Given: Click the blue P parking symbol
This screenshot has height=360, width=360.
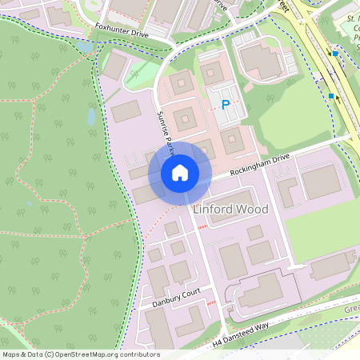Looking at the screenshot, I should tap(226, 105).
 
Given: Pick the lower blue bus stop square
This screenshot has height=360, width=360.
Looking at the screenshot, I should tap(330, 96).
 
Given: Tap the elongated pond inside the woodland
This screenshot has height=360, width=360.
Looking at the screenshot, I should tap(91, 118).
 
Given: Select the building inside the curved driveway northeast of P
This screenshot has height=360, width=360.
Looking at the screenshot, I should tap(260, 62).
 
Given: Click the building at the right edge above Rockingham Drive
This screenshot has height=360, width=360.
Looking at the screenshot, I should tap(321, 182).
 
